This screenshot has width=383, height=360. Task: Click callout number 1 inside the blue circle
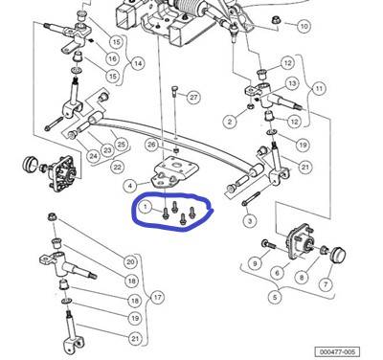click(x=146, y=208)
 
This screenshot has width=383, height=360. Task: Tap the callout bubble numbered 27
click(x=193, y=97)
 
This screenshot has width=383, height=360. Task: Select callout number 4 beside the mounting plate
click(x=130, y=185)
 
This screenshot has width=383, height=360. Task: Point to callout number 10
click(x=304, y=26)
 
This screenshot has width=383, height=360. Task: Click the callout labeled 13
click(x=292, y=83)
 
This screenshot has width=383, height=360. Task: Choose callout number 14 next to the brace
click(x=138, y=63)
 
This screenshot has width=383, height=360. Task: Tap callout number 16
click(x=112, y=58)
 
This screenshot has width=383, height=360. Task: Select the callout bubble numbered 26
click(x=152, y=146)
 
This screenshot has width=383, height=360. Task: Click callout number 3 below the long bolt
click(x=250, y=220)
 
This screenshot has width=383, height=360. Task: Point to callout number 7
click(x=326, y=284)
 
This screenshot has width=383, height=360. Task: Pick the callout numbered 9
click(x=255, y=263)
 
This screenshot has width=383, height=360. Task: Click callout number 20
click(x=130, y=262)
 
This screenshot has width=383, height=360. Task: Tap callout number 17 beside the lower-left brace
click(x=157, y=298)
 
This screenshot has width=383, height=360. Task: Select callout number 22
click(x=118, y=167)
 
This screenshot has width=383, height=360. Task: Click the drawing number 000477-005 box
click(x=337, y=351)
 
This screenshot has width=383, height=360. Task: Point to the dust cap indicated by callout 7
click(x=338, y=255)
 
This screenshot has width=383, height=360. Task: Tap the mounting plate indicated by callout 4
click(x=175, y=173)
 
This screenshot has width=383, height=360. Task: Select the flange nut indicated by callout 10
click(x=275, y=20)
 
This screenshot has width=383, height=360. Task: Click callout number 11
click(x=319, y=88)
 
